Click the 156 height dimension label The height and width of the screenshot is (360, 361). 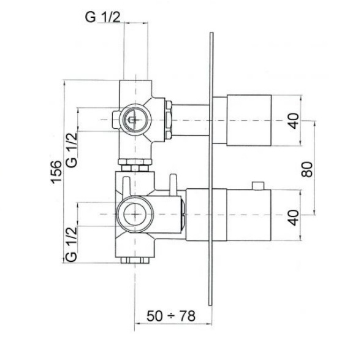(x=56, y=172)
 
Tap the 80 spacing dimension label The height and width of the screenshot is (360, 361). (x=307, y=169)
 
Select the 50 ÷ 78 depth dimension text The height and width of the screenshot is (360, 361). (x=171, y=316)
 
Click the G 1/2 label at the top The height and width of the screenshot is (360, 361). (x=103, y=17)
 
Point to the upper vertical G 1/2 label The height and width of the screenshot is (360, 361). (x=72, y=150)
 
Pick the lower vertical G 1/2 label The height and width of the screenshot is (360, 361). (x=71, y=244)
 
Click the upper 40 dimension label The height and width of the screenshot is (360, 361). (x=294, y=121)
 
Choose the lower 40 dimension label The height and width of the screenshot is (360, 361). (x=294, y=217)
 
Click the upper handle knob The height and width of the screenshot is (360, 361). (x=249, y=120)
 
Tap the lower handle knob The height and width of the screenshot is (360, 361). (x=249, y=215)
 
